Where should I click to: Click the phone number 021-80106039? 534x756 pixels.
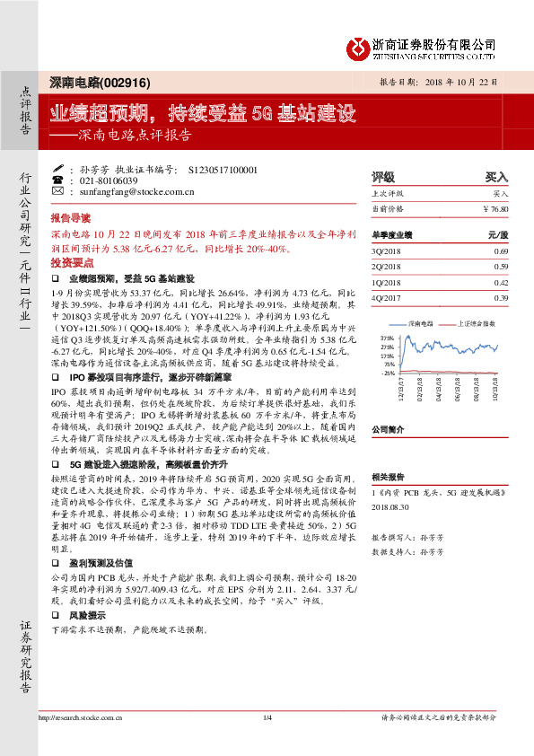pyautogui.click(x=112, y=180)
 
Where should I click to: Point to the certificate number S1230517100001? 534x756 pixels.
pyautogui.click(x=223, y=168)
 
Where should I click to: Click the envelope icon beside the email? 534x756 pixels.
pyautogui.click(x=57, y=191)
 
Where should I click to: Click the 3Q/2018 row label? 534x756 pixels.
pyautogui.click(x=386, y=251)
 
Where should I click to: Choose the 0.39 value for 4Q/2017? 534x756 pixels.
pyautogui.click(x=501, y=298)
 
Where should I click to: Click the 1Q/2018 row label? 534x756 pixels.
pyautogui.click(x=386, y=282)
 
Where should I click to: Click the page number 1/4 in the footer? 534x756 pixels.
pyautogui.click(x=267, y=717)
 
